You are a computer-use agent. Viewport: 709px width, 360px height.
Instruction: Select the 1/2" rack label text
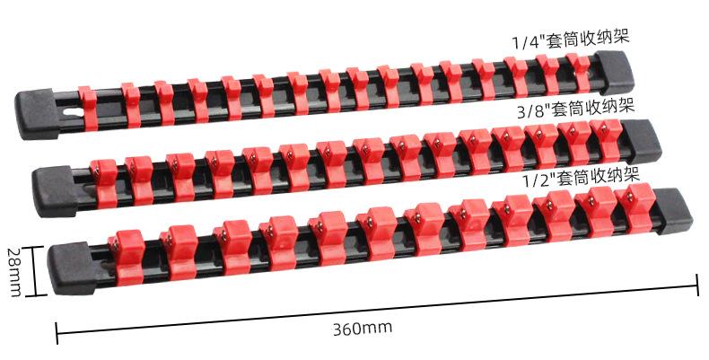coord(582,178)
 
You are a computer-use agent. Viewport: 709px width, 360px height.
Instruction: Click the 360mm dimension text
coord(363,328)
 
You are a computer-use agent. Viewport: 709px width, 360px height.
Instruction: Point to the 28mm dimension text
coord(14,272)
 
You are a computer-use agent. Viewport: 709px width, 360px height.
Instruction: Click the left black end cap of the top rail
coord(38,115)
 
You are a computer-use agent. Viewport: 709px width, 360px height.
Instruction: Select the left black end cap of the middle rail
coord(55,191)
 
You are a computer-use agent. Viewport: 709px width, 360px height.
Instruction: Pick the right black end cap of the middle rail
coord(642,142)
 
